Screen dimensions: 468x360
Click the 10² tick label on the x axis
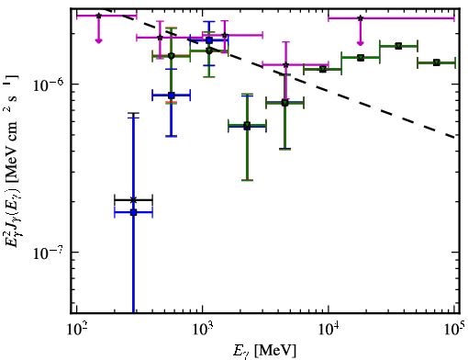tap(76, 331)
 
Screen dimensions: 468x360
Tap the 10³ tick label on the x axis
tap(202, 331)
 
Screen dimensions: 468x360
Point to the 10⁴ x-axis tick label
tap(329, 331)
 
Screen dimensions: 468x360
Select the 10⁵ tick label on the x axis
tap(454, 331)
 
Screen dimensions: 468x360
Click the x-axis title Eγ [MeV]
tap(265, 351)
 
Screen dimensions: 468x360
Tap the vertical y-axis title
tap(12, 162)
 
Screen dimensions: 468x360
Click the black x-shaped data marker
tap(133, 200)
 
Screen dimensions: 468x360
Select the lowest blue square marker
tap(133, 212)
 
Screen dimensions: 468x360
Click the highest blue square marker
tap(209, 40)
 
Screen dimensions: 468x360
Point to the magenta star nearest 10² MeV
tap(98, 16)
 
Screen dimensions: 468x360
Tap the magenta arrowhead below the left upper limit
tap(98, 40)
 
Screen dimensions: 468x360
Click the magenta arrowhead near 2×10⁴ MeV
tap(361, 43)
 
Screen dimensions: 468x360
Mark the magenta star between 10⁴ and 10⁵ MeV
tap(361, 18)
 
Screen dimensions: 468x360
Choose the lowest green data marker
tap(247, 125)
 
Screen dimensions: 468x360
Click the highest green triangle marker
tap(398, 46)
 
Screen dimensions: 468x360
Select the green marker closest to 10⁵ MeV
tap(437, 62)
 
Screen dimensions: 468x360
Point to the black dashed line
tap(280, 73)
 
